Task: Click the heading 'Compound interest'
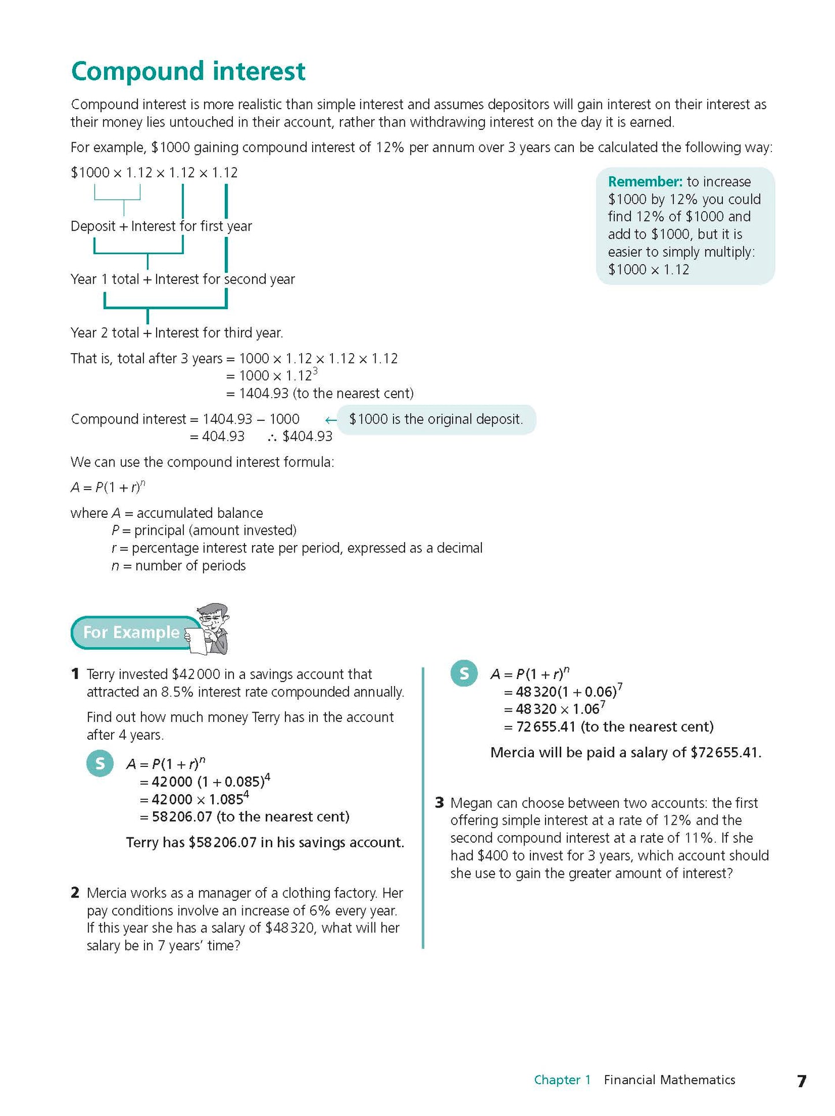click(188, 72)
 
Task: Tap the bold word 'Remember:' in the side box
click(645, 181)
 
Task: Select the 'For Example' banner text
click(131, 632)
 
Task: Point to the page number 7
click(801, 1081)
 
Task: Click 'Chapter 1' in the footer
click(562, 1080)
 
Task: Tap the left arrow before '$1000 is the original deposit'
click(331, 420)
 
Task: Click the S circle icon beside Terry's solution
click(100, 763)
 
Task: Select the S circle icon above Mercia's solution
click(464, 673)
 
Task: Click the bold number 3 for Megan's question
click(440, 803)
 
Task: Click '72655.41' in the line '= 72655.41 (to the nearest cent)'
click(546, 726)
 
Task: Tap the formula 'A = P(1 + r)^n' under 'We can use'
click(108, 487)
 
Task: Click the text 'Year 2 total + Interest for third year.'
click(176, 333)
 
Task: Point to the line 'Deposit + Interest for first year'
click(161, 226)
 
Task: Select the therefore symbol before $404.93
click(272, 437)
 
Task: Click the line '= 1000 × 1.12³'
click(272, 376)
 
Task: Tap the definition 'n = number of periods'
click(179, 566)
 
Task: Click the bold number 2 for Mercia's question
click(75, 893)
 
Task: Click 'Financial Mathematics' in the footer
click(669, 1080)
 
